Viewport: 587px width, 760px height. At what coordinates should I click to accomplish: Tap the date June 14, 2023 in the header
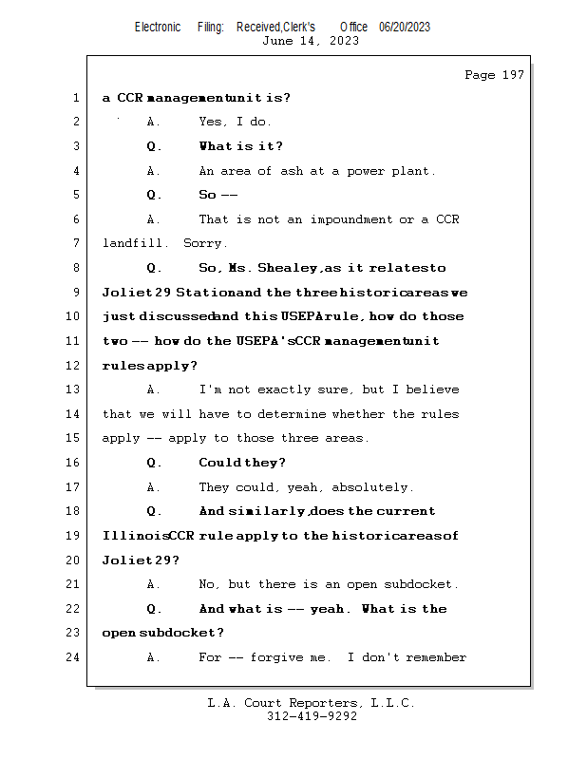(312, 41)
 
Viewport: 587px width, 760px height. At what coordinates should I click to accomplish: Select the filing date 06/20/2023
(405, 28)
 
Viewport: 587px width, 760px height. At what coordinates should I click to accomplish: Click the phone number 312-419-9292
(312, 716)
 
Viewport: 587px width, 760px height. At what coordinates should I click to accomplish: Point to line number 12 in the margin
(74, 365)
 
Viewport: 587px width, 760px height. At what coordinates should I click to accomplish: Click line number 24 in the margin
(74, 657)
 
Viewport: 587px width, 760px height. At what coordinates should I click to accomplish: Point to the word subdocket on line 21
(425, 584)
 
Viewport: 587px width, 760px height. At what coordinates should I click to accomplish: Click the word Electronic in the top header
(158, 28)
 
